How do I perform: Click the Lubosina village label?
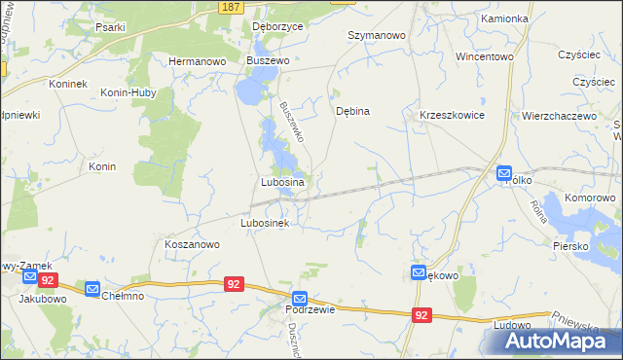pos(283,182)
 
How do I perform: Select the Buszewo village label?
pos(270,60)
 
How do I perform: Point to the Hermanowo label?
pos(198,60)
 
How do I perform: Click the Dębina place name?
pos(352,111)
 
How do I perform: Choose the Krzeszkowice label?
pos(452,115)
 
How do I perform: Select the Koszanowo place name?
pos(192,245)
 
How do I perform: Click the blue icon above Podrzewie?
pos(300,298)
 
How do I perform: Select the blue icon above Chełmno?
pos(92,289)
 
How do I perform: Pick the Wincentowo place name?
pos(484,56)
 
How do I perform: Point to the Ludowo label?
pos(512,324)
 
